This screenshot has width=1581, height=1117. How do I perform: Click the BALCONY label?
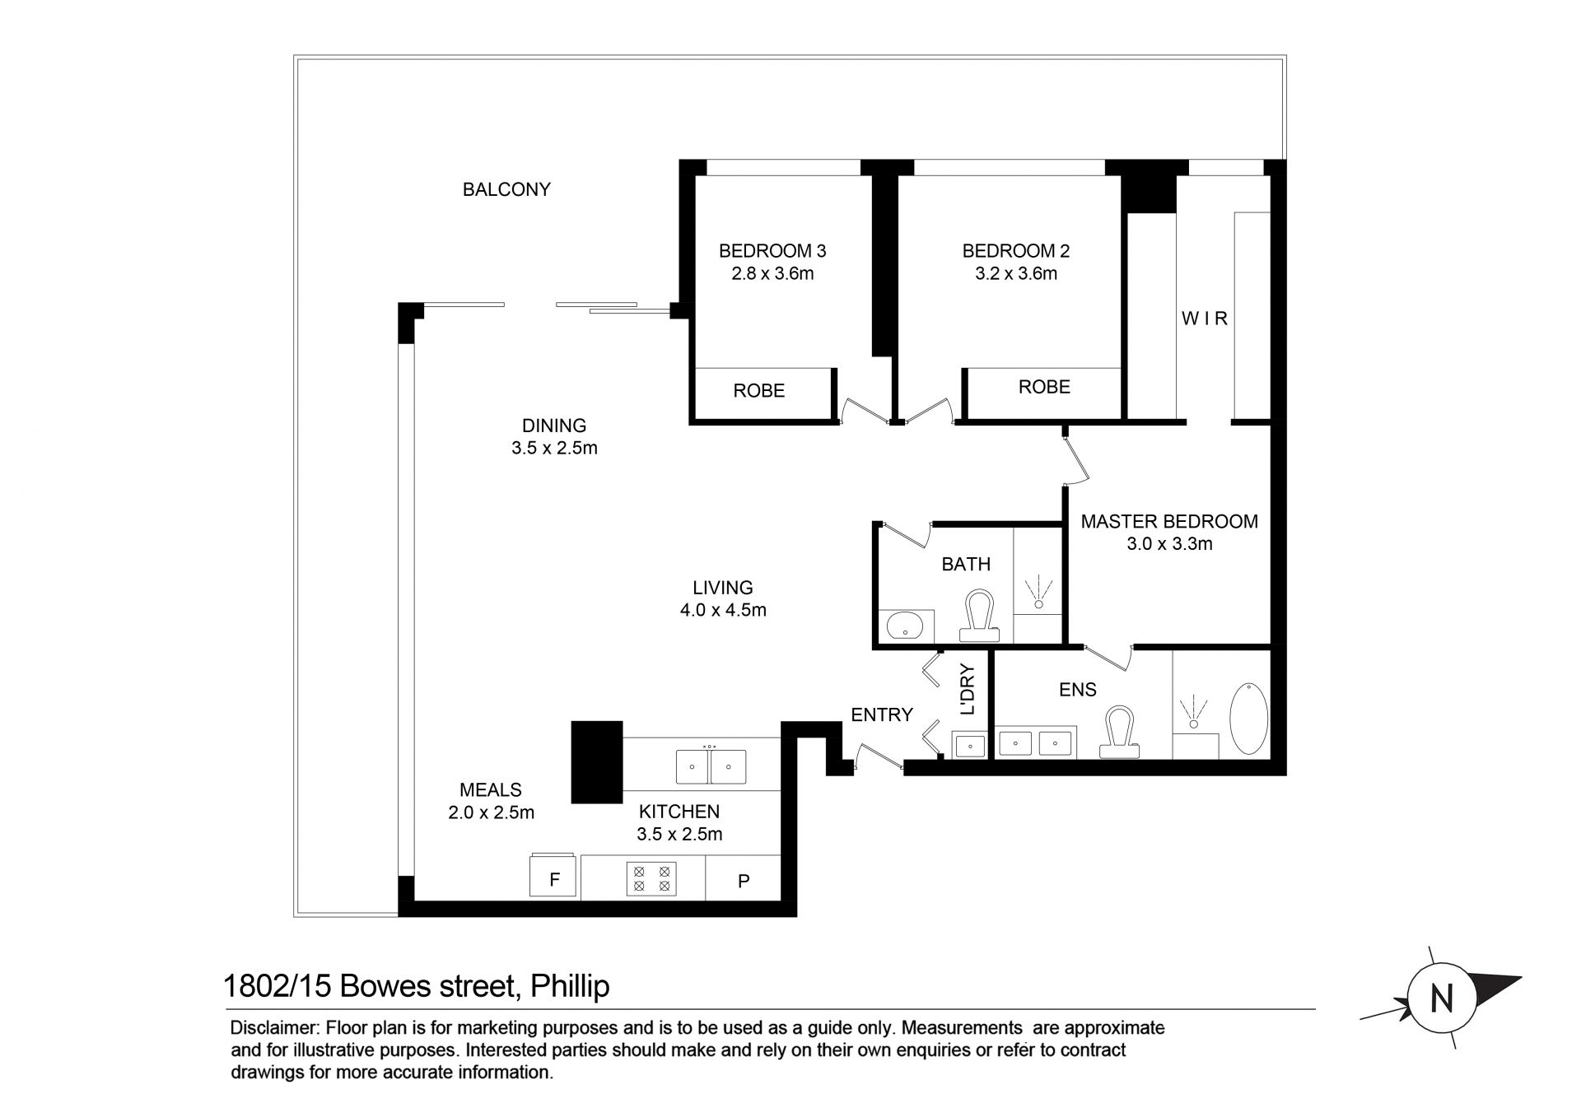point(506,189)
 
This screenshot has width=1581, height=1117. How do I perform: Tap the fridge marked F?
point(553,877)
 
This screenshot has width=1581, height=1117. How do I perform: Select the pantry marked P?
point(743,878)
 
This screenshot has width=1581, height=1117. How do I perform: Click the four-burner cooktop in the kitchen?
point(651,878)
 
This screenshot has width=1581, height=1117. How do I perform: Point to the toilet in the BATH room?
point(979,616)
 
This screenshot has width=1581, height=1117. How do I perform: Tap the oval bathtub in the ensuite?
point(1249,718)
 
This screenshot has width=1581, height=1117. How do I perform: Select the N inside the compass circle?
point(1441,999)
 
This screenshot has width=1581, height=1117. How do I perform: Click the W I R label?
point(1205,319)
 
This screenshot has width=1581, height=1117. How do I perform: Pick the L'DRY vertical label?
point(968,690)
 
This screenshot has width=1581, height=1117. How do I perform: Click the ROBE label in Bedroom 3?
point(759,391)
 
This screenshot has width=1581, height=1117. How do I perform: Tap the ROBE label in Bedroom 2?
point(1044,387)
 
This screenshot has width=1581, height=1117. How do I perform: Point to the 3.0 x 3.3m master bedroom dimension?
point(1169,544)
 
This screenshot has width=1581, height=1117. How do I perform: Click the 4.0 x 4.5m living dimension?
point(723,611)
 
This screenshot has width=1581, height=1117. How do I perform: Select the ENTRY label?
point(882,715)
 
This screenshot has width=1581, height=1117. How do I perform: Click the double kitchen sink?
point(711,766)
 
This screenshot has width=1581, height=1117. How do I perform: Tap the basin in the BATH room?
point(910,626)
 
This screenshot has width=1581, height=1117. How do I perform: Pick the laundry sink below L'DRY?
point(970,746)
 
